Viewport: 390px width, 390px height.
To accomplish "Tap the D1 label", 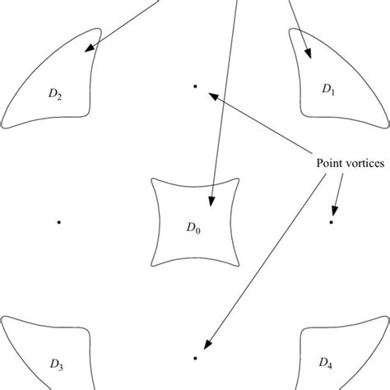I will pos(327,90).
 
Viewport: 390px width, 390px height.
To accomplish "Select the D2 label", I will pos(56,94).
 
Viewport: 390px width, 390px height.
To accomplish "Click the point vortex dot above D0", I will pos(195,86).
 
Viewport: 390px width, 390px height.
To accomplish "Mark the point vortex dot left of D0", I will pos(59,221).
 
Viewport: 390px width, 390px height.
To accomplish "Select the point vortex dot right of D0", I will pos(332,221).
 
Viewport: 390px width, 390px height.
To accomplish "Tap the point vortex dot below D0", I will pos(195,358).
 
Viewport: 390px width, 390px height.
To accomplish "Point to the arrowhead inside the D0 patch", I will pos(212,201).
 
